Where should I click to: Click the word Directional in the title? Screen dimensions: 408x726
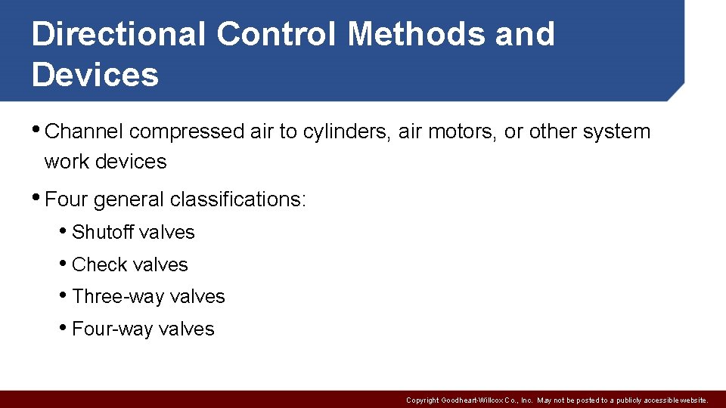click(118, 35)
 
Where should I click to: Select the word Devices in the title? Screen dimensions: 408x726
click(95, 75)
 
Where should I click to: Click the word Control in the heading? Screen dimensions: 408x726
click(278, 35)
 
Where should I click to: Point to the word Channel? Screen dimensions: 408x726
click(84, 131)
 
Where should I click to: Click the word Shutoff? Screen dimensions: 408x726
click(103, 232)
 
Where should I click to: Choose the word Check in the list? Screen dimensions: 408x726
click(98, 264)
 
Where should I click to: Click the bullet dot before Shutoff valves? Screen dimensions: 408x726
click(64, 231)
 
